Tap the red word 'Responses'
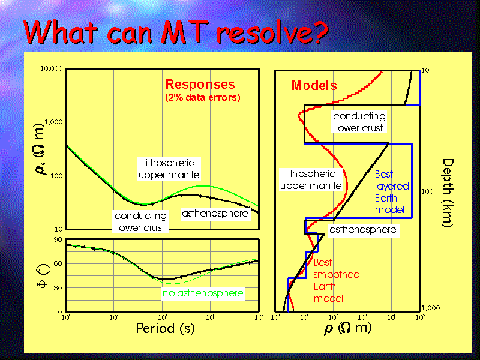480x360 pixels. tap(200, 85)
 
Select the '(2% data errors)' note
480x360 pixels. tap(202, 98)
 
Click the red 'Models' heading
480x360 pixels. tap(314, 86)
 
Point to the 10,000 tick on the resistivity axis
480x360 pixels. tap(51, 69)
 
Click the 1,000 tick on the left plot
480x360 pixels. tap(53, 122)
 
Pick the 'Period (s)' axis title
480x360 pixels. tap(165, 328)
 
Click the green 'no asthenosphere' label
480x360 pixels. tap(203, 293)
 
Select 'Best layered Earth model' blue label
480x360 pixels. tap(392, 192)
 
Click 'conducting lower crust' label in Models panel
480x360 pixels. tap(359, 122)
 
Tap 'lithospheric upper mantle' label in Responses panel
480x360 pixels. tap(169, 169)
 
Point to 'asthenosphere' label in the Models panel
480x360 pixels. tap(363, 229)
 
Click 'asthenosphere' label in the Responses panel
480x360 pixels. tap(215, 213)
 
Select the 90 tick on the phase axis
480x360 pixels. tap(58, 239)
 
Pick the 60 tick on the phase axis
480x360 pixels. tap(58, 263)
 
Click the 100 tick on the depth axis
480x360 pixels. tap(428, 191)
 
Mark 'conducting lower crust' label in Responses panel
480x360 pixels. tap(140, 221)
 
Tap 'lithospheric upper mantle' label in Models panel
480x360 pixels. tap(311, 179)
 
